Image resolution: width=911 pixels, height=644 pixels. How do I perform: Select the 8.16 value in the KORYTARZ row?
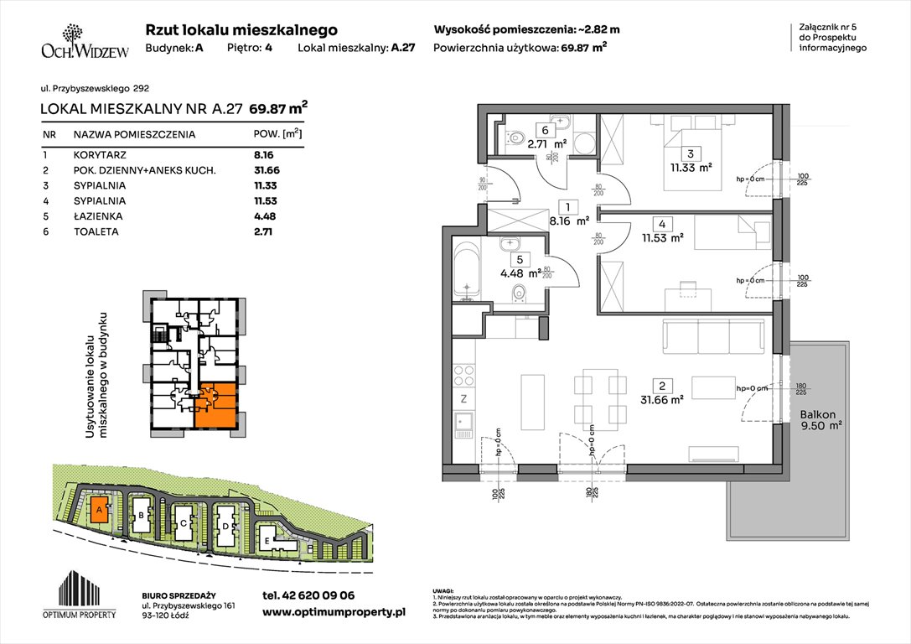pyautogui.click(x=265, y=155)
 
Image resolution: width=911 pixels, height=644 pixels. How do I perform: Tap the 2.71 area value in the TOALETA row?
pyautogui.click(x=265, y=231)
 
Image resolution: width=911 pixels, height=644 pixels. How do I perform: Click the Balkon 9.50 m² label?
pyautogui.click(x=819, y=419)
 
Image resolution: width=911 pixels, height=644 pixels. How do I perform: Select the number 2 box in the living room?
pyautogui.click(x=662, y=386)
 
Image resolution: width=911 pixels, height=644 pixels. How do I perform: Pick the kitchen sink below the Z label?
pyautogui.click(x=463, y=426)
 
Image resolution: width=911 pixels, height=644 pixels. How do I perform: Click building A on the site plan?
pyautogui.click(x=99, y=509)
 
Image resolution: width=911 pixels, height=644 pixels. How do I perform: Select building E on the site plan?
pyautogui.click(x=267, y=541)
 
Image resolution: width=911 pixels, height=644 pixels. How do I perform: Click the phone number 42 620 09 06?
pyautogui.click(x=308, y=595)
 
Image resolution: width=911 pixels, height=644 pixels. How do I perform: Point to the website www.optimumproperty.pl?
pyautogui.click(x=334, y=613)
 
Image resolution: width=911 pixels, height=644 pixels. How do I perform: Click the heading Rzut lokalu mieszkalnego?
pyautogui.click(x=241, y=29)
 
